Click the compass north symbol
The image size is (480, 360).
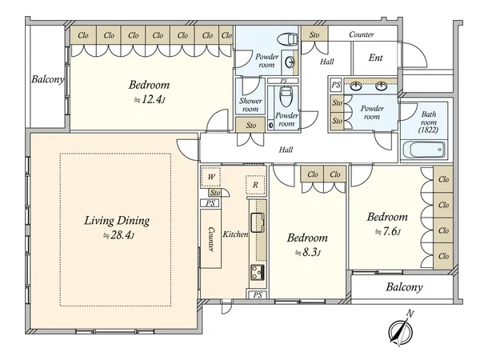[402, 329]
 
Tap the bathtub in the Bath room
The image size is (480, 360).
[424, 150]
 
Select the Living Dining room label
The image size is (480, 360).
[117, 221]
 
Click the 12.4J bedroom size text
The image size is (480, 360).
[150, 99]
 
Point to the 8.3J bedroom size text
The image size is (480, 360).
[308, 253]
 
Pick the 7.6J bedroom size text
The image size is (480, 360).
[388, 232]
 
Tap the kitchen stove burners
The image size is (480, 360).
[258, 272]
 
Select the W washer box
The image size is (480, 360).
[211, 177]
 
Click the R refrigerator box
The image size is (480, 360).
[255, 185]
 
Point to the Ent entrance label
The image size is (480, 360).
[376, 58]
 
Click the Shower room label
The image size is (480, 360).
[250, 105]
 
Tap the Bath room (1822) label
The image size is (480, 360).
[428, 122]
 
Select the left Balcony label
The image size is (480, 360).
[48, 79]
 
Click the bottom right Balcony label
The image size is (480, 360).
[404, 287]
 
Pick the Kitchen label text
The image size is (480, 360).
[235, 234]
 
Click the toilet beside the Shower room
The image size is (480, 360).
[285, 97]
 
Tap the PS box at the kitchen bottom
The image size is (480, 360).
[258, 294]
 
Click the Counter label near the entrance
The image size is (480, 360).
[362, 34]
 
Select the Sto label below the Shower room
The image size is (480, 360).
[250, 125]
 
